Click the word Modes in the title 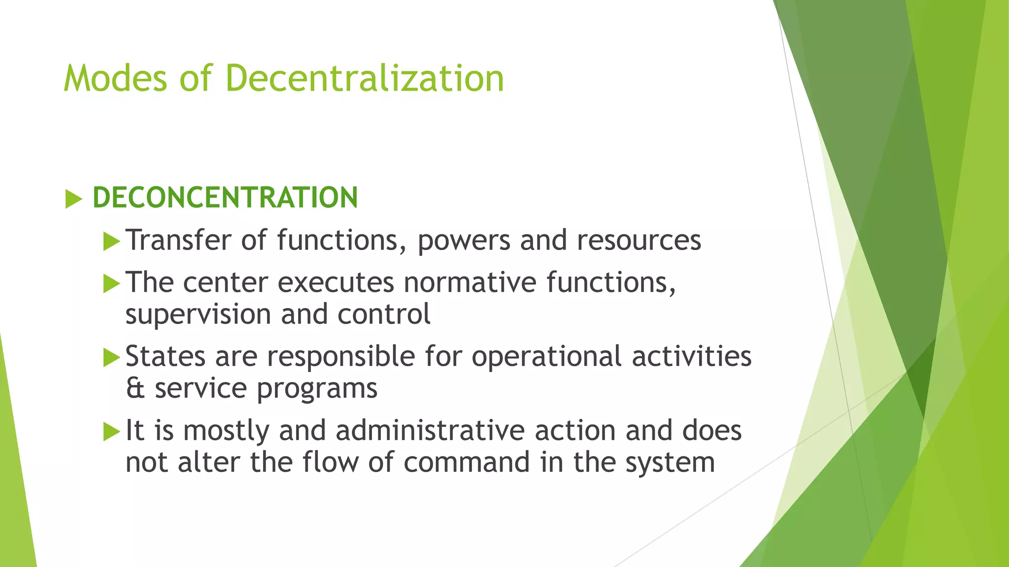pyautogui.click(x=116, y=78)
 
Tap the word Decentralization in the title pyautogui.click(x=365, y=78)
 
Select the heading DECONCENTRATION pyautogui.click(x=225, y=197)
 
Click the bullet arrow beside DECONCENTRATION pyautogui.click(x=73, y=199)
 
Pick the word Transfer pyautogui.click(x=179, y=240)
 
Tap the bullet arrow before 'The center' pyautogui.click(x=112, y=284)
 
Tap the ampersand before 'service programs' pyautogui.click(x=135, y=388)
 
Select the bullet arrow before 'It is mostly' pyautogui.click(x=112, y=432)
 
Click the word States pyautogui.click(x=165, y=356)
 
